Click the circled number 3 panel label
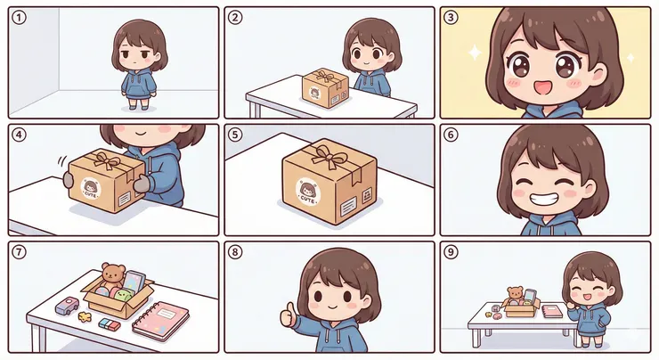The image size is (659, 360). pyautogui.click(x=451, y=17)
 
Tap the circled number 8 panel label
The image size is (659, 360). pyautogui.click(x=235, y=251)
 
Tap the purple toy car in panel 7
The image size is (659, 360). pyautogui.click(x=66, y=307)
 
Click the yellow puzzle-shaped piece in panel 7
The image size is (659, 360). pyautogui.click(x=85, y=315)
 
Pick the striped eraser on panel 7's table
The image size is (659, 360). pyautogui.click(x=110, y=323)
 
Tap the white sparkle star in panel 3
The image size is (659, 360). pyautogui.click(x=475, y=53)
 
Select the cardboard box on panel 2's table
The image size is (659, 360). pyautogui.click(x=324, y=87)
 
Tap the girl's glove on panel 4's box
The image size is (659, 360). pyautogui.click(x=142, y=184)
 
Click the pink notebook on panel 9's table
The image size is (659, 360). pyautogui.click(x=551, y=311)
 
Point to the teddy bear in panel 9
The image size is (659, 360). pyautogui.click(x=515, y=294)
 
